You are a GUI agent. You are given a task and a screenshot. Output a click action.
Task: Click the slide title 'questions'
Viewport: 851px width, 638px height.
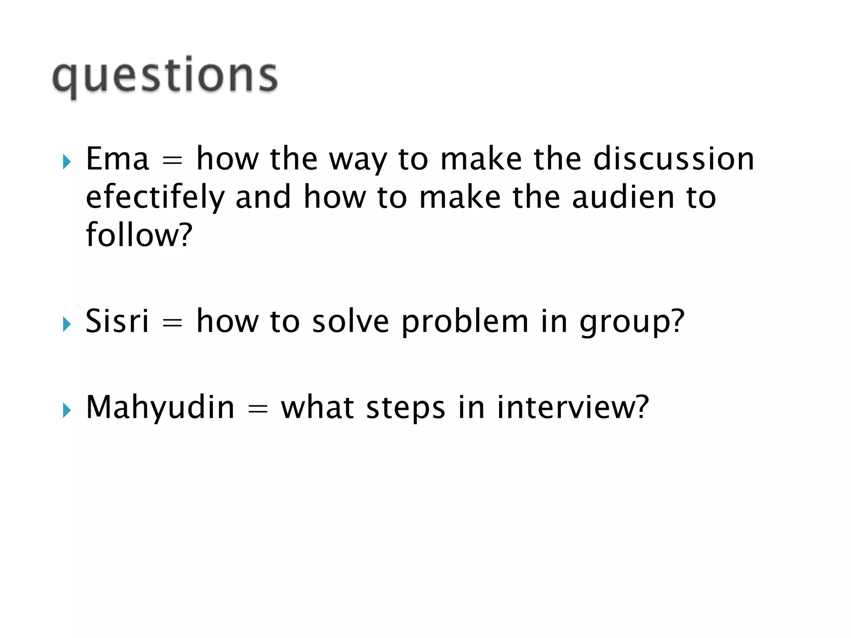[165, 76]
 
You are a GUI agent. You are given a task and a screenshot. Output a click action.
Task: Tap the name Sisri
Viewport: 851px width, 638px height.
[117, 321]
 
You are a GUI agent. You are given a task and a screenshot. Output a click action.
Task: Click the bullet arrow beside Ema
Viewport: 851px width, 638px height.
[66, 162]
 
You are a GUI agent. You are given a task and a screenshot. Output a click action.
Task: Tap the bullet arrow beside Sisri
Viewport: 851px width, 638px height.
[66, 324]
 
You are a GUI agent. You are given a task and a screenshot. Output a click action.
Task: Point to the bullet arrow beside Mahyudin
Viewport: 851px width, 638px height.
[66, 410]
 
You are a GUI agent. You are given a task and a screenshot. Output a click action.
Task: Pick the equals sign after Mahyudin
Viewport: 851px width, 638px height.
[258, 409]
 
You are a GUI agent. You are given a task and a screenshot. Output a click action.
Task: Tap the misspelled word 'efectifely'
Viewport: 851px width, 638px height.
[155, 198]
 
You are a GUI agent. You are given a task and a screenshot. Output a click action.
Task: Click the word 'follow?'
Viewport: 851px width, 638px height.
[139, 235]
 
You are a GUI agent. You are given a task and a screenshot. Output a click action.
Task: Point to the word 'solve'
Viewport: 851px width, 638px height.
[350, 321]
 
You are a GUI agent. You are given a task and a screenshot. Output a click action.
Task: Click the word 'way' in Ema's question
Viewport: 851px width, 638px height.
[358, 160]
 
